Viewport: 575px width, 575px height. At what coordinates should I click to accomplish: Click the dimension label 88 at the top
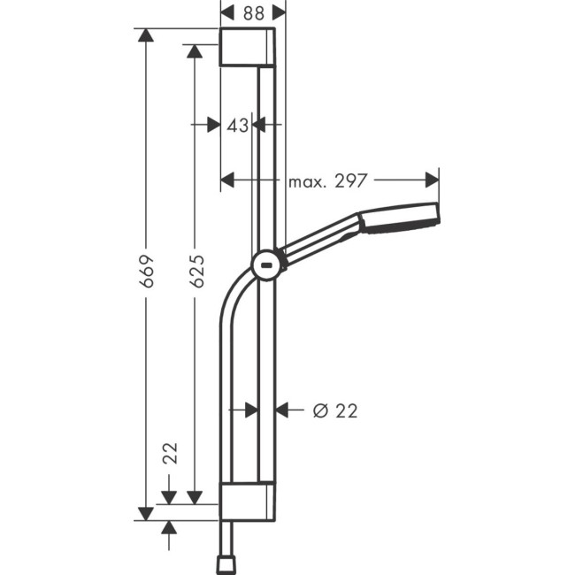tap(253, 12)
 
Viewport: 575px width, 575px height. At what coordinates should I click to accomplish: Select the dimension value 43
tap(236, 126)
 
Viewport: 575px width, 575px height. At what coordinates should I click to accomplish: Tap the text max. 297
tap(327, 181)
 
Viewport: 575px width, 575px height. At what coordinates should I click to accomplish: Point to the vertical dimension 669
tap(147, 271)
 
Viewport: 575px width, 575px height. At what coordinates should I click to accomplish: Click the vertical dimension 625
tap(196, 271)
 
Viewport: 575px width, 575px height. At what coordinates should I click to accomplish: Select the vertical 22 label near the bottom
tap(171, 453)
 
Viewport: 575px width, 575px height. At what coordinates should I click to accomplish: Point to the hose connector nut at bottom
tap(226, 563)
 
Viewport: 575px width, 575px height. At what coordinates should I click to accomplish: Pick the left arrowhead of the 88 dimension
tap(226, 12)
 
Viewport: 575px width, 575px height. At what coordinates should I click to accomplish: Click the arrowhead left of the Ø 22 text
tap(282, 410)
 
